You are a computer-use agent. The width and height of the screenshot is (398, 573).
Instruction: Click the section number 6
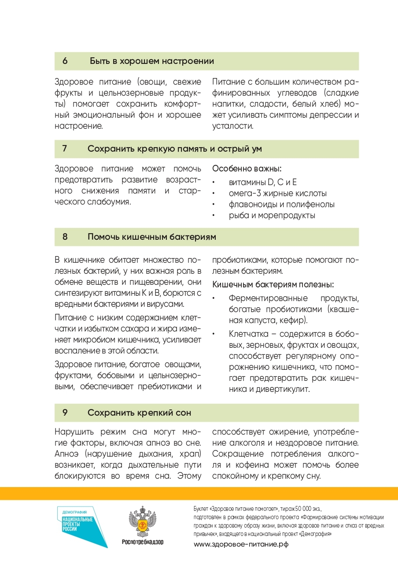[x=65, y=61]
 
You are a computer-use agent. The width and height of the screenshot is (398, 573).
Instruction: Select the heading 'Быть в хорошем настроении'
[x=152, y=61]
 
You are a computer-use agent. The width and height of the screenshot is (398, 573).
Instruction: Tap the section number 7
[x=65, y=149]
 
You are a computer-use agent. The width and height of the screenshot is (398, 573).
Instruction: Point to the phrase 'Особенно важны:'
[x=247, y=169]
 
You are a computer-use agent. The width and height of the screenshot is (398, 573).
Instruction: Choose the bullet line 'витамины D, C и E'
[x=263, y=182]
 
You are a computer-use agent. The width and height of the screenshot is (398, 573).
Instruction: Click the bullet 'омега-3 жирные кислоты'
[x=277, y=193]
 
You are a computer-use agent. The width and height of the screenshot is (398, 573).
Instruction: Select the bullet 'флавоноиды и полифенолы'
[x=281, y=205]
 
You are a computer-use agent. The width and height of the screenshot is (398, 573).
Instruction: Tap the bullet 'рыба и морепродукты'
[x=272, y=216]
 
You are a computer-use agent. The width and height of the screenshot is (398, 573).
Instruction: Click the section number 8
[x=65, y=237]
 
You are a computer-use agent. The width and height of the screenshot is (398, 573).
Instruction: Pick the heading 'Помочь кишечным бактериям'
[x=152, y=237]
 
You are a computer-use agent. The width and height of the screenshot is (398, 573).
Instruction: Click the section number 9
[x=65, y=413]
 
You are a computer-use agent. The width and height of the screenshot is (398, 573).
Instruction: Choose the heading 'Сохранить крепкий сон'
[x=139, y=413]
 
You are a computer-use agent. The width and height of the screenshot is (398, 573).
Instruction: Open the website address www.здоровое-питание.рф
[x=241, y=544]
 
